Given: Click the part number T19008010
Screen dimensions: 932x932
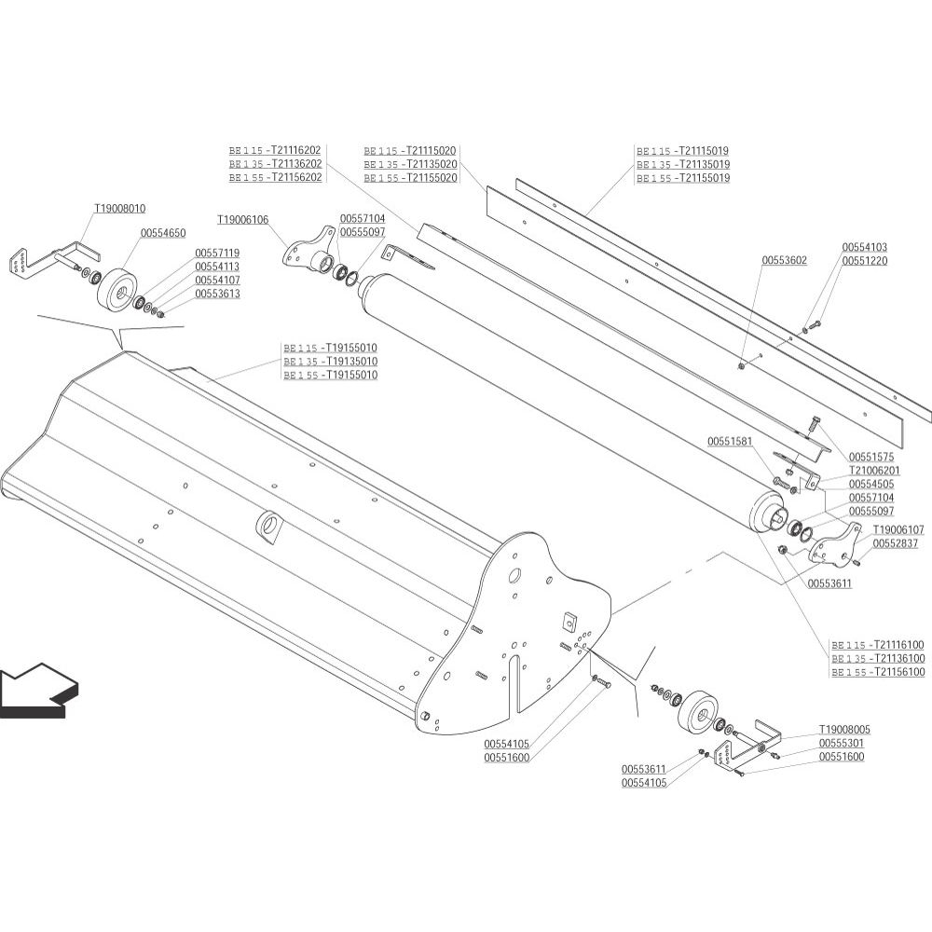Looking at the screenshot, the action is coord(120,209).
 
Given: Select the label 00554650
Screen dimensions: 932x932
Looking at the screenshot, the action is coord(163,234).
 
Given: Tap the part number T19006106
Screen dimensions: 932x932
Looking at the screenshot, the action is coord(242,220).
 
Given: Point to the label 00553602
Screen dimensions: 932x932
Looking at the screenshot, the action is coord(785,260).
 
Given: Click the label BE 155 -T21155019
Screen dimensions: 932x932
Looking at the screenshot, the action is coord(683,178).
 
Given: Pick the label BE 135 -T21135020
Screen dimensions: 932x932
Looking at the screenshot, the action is coord(410,165).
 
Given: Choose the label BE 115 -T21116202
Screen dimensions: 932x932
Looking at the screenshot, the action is coord(275,151).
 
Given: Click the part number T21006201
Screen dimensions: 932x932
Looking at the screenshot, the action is coord(874,471).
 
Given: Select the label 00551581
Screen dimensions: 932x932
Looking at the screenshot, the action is coord(730,442).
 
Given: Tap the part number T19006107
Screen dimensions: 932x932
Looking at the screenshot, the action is coord(898,529).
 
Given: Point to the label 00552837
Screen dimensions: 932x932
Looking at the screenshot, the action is coord(896,543).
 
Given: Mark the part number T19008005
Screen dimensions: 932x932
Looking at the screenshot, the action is coord(844,730).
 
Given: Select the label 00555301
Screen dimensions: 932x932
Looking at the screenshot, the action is coord(842,744).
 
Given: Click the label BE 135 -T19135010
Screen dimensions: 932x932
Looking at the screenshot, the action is coord(331,362).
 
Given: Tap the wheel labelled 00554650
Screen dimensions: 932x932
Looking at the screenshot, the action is coord(116,289).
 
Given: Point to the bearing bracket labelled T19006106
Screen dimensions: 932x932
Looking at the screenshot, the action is coord(308,251).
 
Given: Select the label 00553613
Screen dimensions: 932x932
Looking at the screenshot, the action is coord(217,294).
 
